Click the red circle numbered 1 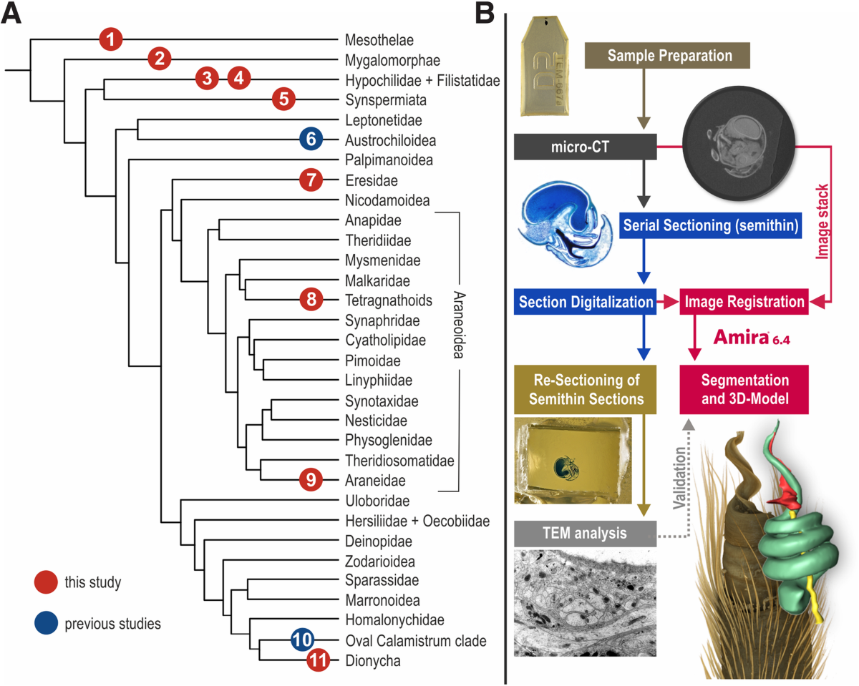111,39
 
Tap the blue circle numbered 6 311,139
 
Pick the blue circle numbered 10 303,640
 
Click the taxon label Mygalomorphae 392,59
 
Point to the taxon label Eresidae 371,180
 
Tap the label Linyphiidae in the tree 377,379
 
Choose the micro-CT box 586,147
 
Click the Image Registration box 744,301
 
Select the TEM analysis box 585,533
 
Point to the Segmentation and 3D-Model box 744,389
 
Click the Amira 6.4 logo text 749,338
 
